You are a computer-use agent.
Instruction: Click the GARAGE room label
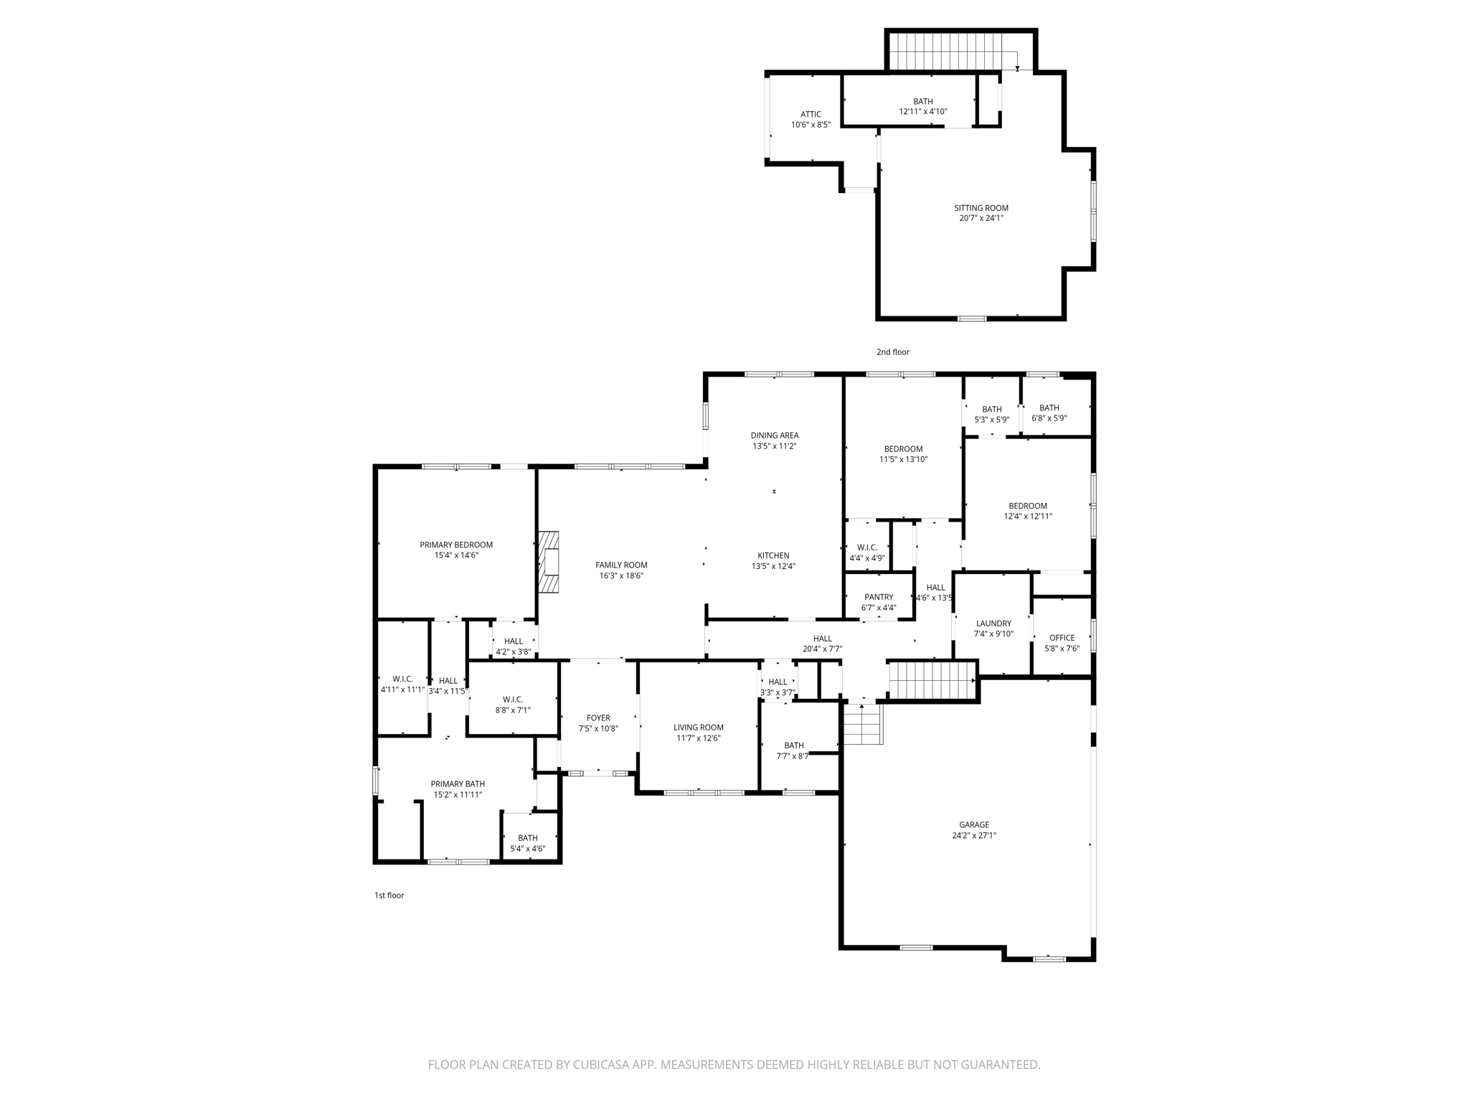click(973, 824)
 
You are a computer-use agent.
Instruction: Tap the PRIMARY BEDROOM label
click(456, 545)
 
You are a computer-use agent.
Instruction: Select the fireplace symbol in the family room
click(549, 562)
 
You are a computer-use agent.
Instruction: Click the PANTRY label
click(879, 597)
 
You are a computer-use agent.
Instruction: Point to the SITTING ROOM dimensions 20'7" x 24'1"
click(981, 218)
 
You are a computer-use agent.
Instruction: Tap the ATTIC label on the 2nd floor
click(811, 114)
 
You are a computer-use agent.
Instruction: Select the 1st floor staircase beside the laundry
click(932, 681)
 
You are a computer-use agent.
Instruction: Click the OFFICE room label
click(1062, 637)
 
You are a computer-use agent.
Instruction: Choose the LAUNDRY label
click(993, 623)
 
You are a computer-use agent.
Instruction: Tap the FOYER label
click(598, 717)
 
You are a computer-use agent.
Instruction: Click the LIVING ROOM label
click(698, 727)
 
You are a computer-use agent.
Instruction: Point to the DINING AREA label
click(774, 435)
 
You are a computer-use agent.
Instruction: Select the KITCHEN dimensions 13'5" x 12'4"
click(773, 566)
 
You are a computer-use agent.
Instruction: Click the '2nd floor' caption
click(892, 352)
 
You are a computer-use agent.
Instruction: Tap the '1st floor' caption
click(389, 895)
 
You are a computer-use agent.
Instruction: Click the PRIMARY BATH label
click(458, 784)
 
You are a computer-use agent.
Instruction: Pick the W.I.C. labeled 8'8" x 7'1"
click(512, 705)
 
